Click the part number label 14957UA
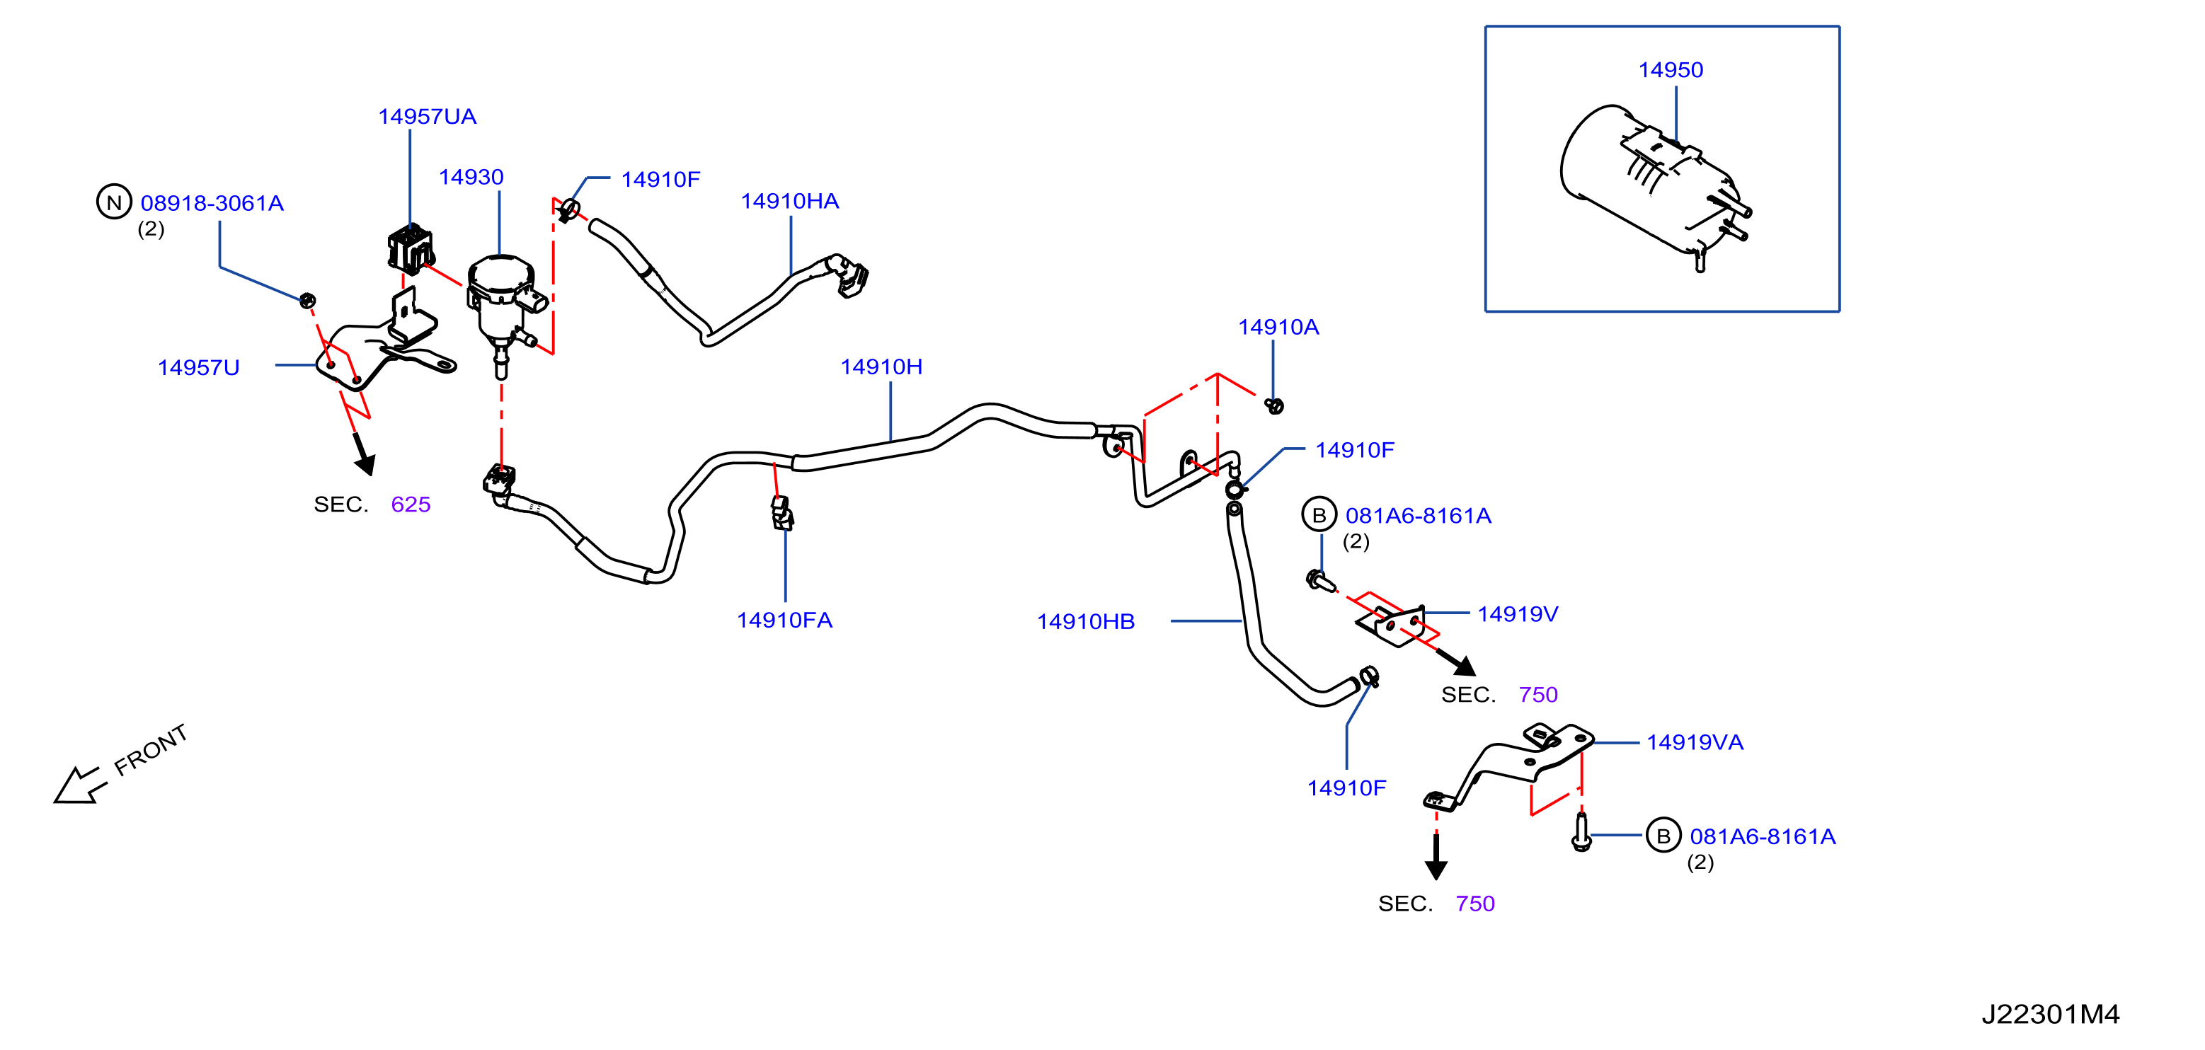pyautogui.click(x=427, y=116)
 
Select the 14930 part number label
pyautogui.click(x=471, y=177)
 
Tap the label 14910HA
pyautogui.click(x=789, y=201)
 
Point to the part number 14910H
pyautogui.click(x=881, y=367)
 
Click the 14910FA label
pyautogui.click(x=784, y=621)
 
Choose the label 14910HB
pyautogui.click(x=1085, y=622)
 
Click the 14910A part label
pyautogui.click(x=1278, y=327)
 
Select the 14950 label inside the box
pyautogui.click(x=1670, y=70)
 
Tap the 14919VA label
pyautogui.click(x=1694, y=743)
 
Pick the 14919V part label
pyautogui.click(x=1517, y=614)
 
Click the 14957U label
pyautogui.click(x=199, y=368)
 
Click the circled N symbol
pyautogui.click(x=114, y=202)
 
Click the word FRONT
pyautogui.click(x=151, y=749)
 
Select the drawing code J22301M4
pyautogui.click(x=2050, y=1014)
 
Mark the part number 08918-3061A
pyautogui.click(x=212, y=204)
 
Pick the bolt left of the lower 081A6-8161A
pyautogui.click(x=1581, y=832)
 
